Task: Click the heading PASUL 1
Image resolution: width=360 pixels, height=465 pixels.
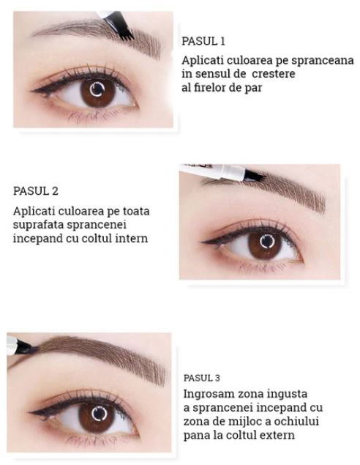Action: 203,41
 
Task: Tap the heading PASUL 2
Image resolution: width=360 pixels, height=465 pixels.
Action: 36,192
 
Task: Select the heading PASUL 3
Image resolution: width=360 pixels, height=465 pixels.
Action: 201,378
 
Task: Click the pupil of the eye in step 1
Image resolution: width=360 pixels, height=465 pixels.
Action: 94,93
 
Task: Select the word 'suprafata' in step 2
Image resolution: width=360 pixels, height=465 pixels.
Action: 37,225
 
